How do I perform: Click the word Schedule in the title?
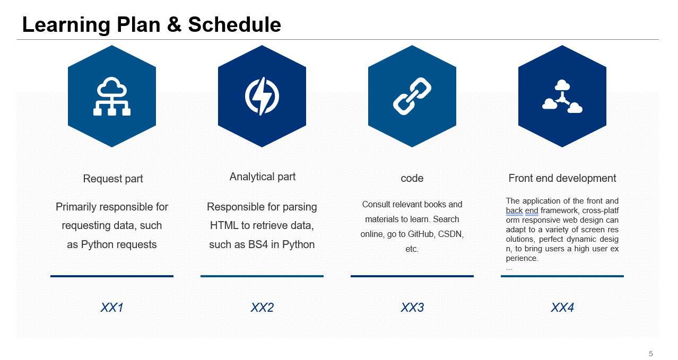click(x=234, y=24)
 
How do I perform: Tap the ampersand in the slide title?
click(x=174, y=24)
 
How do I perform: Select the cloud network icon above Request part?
click(x=112, y=96)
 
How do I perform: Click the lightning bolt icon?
click(x=262, y=96)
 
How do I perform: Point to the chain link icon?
click(x=412, y=96)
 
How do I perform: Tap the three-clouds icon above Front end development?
click(x=562, y=96)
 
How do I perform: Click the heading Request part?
click(x=113, y=179)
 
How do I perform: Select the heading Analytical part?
click(x=263, y=177)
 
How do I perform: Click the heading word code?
click(x=412, y=178)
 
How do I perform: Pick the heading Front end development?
click(x=562, y=178)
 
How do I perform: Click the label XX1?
click(x=112, y=308)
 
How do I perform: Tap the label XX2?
click(x=262, y=308)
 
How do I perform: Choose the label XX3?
click(x=412, y=308)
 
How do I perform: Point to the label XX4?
click(x=562, y=308)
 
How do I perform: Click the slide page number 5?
click(x=651, y=354)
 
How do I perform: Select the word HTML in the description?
click(x=224, y=225)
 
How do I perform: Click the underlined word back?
click(x=514, y=210)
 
